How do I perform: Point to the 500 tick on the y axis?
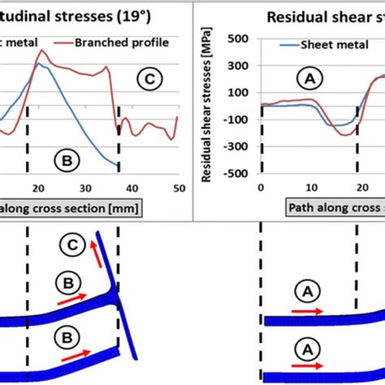pyautogui.click(x=237, y=38)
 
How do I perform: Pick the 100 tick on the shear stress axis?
pyautogui.click(x=237, y=93)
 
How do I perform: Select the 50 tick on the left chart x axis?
pyautogui.click(x=178, y=188)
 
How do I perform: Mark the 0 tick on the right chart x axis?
pyautogui.click(x=261, y=188)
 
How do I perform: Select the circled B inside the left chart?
pyautogui.click(x=67, y=161)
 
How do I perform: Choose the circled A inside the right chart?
pyautogui.click(x=307, y=78)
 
